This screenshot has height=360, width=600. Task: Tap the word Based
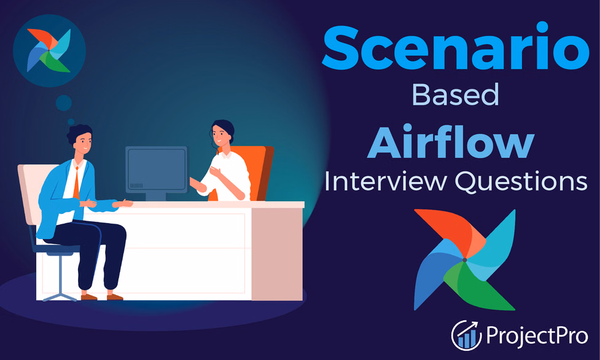[454, 96]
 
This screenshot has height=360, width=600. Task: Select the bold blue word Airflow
[451, 143]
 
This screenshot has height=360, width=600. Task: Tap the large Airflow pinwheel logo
[465, 259]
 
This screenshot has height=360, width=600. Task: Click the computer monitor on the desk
[155, 169]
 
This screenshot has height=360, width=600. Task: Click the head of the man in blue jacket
[80, 141]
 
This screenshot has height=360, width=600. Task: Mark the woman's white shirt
[232, 175]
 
